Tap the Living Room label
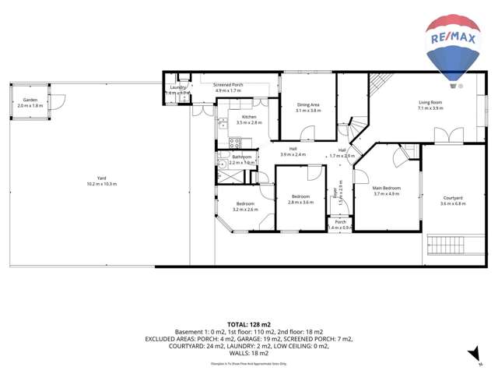430,102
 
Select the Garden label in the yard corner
30,100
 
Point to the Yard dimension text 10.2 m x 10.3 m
101,184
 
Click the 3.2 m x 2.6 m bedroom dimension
245,209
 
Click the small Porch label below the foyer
340,222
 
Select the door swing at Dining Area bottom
309,132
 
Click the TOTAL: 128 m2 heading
249,323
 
